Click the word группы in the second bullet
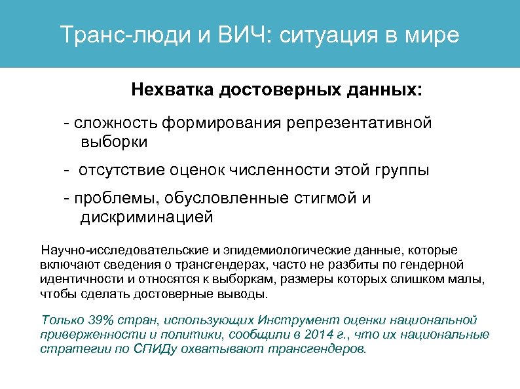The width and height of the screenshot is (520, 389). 403,171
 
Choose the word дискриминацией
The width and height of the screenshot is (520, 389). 147,217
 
